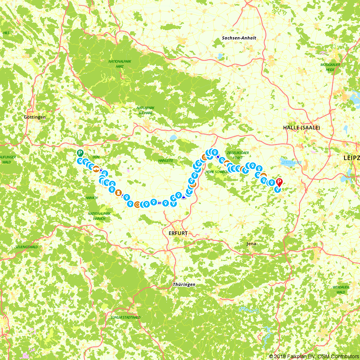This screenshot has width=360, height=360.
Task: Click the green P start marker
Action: click(80, 153)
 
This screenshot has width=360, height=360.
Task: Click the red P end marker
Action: click(279, 182)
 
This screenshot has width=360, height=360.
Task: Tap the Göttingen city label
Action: click(35, 117)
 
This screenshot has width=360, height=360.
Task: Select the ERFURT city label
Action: click(178, 233)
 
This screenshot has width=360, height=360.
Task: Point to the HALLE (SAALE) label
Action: click(301, 127)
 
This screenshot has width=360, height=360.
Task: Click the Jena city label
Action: click(251, 244)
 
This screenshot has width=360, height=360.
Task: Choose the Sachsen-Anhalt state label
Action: click(239, 38)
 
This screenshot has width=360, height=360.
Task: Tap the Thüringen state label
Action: click(184, 284)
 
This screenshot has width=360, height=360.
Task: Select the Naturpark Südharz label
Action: click(145, 110)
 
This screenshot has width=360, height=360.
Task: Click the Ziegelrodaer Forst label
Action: click(238, 155)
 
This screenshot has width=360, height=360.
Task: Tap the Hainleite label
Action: click(166, 160)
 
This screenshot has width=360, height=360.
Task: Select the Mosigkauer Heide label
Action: click(330, 67)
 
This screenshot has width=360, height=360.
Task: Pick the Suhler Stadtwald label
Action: click(125, 318)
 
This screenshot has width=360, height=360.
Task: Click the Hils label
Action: click(6, 33)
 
